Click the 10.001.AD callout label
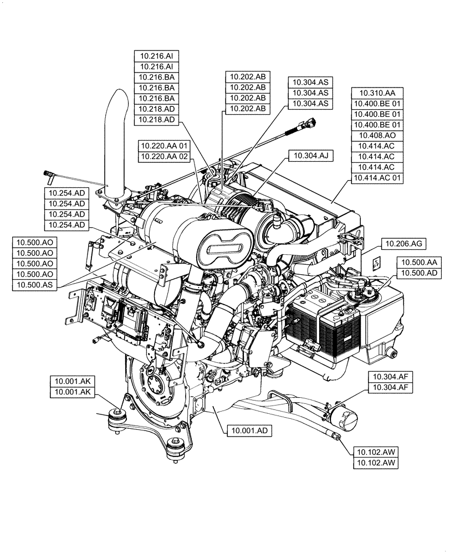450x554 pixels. (248, 429)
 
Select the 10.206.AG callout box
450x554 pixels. (403, 244)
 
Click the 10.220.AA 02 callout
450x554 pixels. (165, 157)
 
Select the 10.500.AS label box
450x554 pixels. (35, 285)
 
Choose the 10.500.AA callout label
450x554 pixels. (420, 262)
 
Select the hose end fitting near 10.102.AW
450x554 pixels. (336, 437)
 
